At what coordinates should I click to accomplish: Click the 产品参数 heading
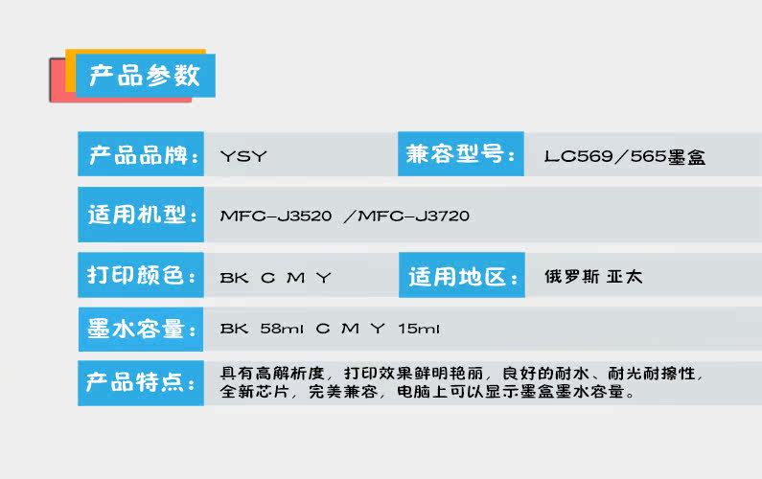click(x=144, y=76)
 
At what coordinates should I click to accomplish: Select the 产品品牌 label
click(x=140, y=154)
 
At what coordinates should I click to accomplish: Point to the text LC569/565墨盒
click(x=624, y=156)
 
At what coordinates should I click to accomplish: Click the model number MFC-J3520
click(x=276, y=217)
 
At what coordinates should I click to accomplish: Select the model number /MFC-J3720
click(x=406, y=217)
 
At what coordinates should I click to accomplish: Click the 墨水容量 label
click(x=140, y=330)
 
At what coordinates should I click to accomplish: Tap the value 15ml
click(x=419, y=330)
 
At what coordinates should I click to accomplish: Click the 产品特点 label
click(x=140, y=383)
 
